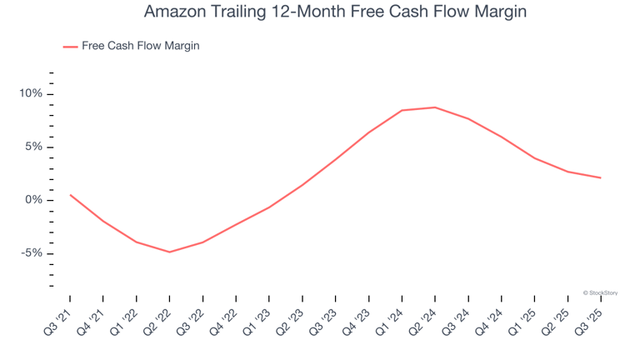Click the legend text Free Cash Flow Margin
(141, 46)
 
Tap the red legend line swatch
(70, 47)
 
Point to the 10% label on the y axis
(31, 94)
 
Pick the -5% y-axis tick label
(31, 254)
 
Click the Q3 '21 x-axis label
(57, 318)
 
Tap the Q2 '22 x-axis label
(157, 318)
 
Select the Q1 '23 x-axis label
(257, 318)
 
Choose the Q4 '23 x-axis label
(357, 318)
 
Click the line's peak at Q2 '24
(435, 107)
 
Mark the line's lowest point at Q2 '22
(169, 252)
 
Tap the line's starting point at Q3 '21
(70, 195)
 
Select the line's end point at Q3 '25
(601, 177)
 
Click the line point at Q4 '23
(368, 132)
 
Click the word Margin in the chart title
(498, 12)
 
